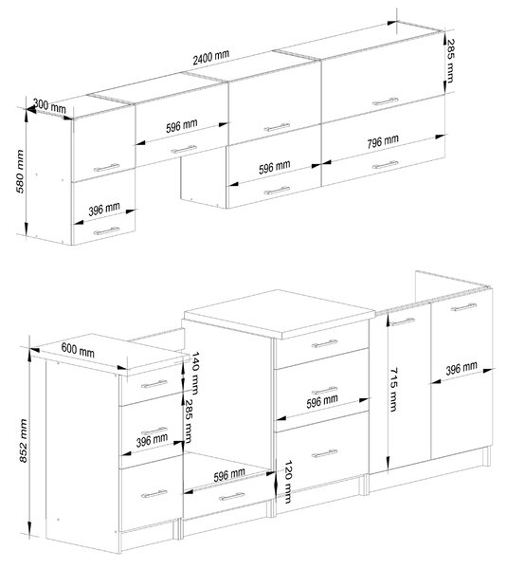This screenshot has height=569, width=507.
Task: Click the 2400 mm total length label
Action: [210, 57]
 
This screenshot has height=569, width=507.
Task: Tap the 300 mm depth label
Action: [49, 105]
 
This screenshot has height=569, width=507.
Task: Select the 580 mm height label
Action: [20, 172]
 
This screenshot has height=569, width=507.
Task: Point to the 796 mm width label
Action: [383, 141]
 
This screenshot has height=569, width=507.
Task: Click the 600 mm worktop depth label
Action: [78, 350]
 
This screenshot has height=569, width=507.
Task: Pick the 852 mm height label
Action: [23, 441]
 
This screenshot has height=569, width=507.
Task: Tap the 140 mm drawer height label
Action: [194, 373]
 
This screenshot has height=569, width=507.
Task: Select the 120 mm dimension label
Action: [287, 482]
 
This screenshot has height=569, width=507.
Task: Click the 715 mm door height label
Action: [393, 390]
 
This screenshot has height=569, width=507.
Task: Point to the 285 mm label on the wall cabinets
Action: [450, 61]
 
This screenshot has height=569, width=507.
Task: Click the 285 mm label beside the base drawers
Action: [189, 421]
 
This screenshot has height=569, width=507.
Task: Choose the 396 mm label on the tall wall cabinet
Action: [104, 209]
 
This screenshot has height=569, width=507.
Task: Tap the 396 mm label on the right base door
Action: [462, 368]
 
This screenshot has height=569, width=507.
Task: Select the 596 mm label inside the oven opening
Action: [229, 475]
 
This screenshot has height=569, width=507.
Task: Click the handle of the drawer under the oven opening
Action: [232, 496]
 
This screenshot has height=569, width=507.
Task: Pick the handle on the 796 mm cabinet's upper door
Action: [385, 101]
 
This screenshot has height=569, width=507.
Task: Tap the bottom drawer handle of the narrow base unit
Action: [154, 494]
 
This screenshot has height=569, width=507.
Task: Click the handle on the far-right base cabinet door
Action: [463, 307]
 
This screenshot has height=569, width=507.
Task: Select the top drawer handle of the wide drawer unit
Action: [324, 343]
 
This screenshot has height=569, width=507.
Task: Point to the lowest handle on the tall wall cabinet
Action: [106, 230]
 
